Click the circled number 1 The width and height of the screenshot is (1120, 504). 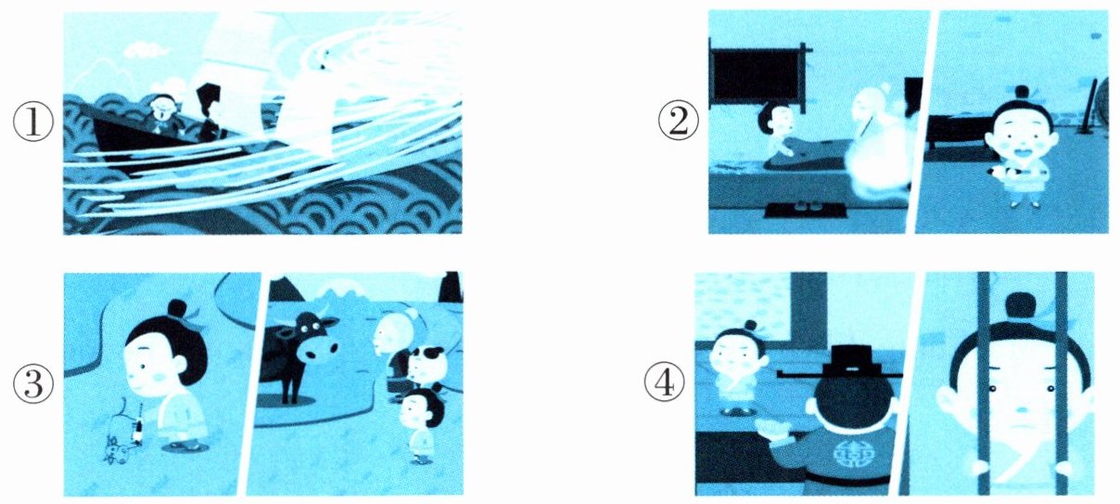click(x=33, y=123)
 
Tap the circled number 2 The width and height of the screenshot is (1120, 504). click(x=678, y=123)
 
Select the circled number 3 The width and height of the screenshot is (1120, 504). click(x=33, y=385)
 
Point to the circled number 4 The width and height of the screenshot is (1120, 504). click(x=665, y=385)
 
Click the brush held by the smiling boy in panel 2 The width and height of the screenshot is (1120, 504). click(x=1006, y=173)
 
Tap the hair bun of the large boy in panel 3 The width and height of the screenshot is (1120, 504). click(x=177, y=308)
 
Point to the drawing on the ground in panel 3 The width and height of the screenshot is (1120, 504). click(x=125, y=430)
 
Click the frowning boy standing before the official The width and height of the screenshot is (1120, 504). click(x=736, y=368)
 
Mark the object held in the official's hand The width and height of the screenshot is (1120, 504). click(x=773, y=427)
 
